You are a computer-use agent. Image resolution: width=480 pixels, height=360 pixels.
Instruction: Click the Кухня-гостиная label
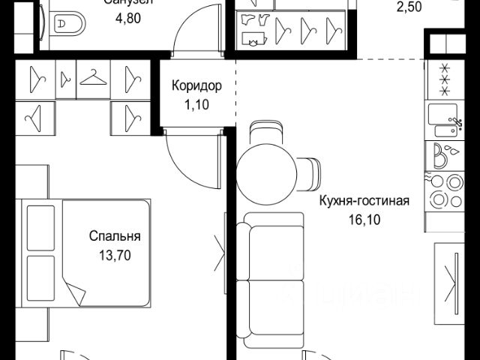[364, 201]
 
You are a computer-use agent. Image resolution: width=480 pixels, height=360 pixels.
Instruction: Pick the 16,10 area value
[364, 222]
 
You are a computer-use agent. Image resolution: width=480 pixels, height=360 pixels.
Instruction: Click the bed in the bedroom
[86, 251]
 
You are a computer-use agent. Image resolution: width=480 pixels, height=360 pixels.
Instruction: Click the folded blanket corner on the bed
[78, 289]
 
